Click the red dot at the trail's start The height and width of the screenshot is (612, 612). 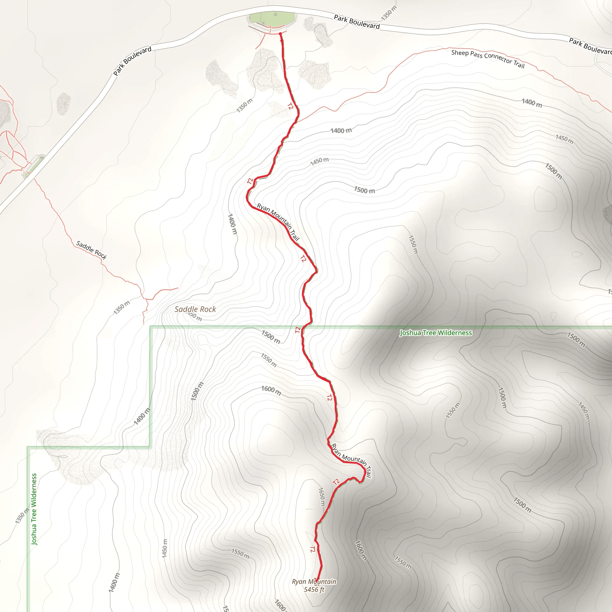click(x=280, y=33)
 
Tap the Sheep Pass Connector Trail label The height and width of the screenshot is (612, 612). click(x=488, y=59)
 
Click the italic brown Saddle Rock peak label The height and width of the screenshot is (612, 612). click(x=195, y=309)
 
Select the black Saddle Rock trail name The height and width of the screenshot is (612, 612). click(x=91, y=250)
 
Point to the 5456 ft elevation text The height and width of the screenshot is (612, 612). click(x=314, y=590)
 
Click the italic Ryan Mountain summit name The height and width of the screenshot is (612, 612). click(x=314, y=582)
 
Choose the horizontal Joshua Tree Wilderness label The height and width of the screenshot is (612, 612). click(x=436, y=333)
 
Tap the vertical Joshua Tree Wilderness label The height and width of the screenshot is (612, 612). click(x=34, y=509)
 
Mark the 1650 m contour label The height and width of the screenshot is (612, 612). click(x=322, y=496)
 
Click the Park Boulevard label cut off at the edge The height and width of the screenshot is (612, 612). click(x=590, y=46)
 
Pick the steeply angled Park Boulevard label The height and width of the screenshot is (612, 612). click(x=132, y=61)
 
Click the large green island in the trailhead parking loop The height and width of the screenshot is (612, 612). click(x=273, y=19)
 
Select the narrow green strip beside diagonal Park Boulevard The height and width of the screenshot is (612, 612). click(x=35, y=165)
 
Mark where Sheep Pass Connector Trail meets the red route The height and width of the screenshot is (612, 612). click(x=297, y=121)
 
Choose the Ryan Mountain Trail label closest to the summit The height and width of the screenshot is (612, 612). click(x=351, y=460)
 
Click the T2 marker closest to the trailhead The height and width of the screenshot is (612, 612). click(x=290, y=106)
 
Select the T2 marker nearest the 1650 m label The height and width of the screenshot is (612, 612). click(x=336, y=482)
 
